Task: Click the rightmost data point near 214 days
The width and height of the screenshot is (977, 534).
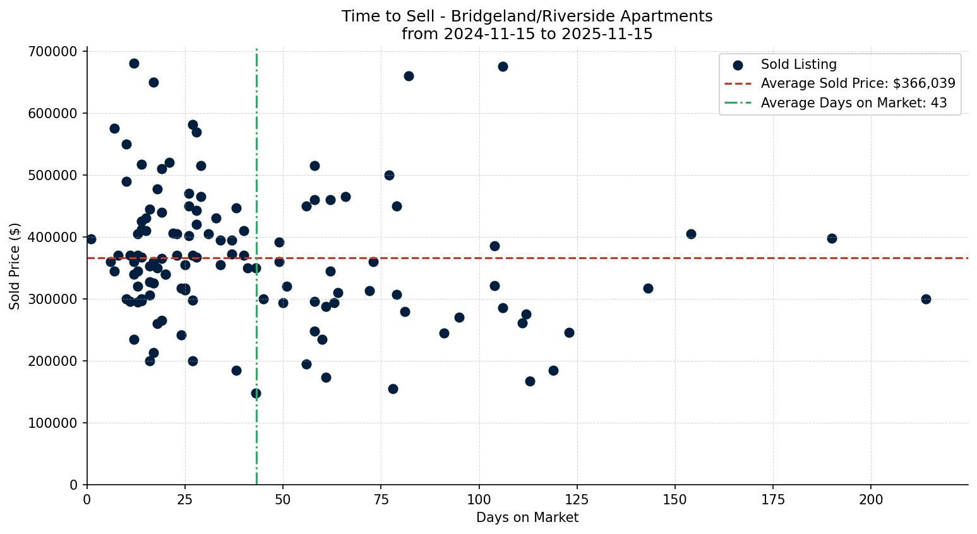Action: click(926, 299)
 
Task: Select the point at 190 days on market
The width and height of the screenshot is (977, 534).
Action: click(832, 238)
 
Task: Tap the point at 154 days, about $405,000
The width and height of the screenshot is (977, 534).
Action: click(691, 234)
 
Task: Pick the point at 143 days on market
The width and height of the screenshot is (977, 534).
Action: click(648, 288)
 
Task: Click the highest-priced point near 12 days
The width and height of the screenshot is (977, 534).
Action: click(134, 63)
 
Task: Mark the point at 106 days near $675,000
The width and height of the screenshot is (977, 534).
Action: click(503, 66)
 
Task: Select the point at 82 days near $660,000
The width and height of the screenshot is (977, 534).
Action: click(409, 76)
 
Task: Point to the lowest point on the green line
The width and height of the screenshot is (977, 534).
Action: click(256, 393)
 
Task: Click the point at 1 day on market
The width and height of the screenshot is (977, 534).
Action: click(91, 239)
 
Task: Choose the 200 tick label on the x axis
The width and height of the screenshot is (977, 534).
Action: click(871, 500)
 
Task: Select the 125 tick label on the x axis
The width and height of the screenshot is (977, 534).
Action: click(577, 500)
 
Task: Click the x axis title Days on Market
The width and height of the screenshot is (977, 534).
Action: click(527, 518)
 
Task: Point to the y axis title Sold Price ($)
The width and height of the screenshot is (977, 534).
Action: click(15, 266)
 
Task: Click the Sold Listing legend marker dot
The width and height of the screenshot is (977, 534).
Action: click(738, 64)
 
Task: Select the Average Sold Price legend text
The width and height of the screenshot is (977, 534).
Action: click(858, 83)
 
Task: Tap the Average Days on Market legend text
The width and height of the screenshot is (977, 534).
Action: click(853, 103)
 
